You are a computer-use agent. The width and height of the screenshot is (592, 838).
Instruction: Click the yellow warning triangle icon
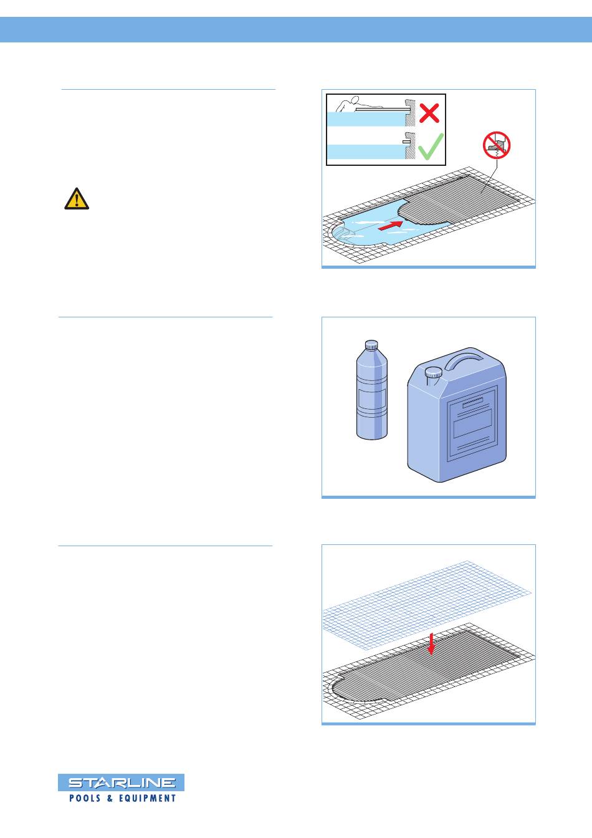(x=77, y=199)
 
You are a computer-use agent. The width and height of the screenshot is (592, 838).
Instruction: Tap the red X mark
(x=429, y=113)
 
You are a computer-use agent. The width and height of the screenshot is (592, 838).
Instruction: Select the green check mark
(x=431, y=147)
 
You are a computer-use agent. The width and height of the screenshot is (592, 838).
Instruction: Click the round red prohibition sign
(x=497, y=145)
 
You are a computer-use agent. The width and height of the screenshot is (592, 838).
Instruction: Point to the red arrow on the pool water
(x=391, y=225)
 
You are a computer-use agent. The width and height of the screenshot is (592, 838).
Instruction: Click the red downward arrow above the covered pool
(x=431, y=644)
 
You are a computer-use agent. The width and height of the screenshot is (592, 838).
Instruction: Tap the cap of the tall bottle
(x=371, y=345)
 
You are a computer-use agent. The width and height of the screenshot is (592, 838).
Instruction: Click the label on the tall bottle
(x=372, y=401)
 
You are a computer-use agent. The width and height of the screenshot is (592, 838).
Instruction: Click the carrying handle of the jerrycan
(x=464, y=359)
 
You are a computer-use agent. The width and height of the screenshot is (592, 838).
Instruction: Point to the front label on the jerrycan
(x=472, y=423)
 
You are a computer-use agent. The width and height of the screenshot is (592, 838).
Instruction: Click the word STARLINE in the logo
(x=122, y=783)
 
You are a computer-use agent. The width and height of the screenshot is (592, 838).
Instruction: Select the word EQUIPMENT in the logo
(x=147, y=798)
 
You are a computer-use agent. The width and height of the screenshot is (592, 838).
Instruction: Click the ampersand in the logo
(x=110, y=798)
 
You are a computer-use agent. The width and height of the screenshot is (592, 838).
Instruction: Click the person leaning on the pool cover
(x=348, y=104)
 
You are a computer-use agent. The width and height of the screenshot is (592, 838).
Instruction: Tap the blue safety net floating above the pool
(x=427, y=605)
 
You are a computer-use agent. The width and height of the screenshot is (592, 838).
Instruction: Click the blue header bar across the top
(x=296, y=29)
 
